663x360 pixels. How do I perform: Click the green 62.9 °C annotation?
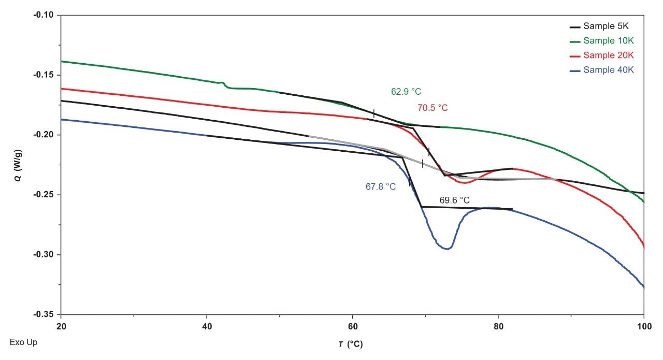pos(406,92)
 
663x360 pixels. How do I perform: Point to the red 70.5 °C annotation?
pos(433,108)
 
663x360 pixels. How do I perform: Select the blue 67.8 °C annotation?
pos(381,187)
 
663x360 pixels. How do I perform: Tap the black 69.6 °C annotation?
pos(455,200)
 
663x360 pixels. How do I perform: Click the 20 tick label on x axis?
pos(61,327)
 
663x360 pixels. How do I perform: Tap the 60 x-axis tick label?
pos(352,327)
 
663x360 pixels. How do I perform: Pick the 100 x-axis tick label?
pos(643,327)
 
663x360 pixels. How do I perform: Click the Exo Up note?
pos(23,342)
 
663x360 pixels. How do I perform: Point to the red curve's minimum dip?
pos(465,183)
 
